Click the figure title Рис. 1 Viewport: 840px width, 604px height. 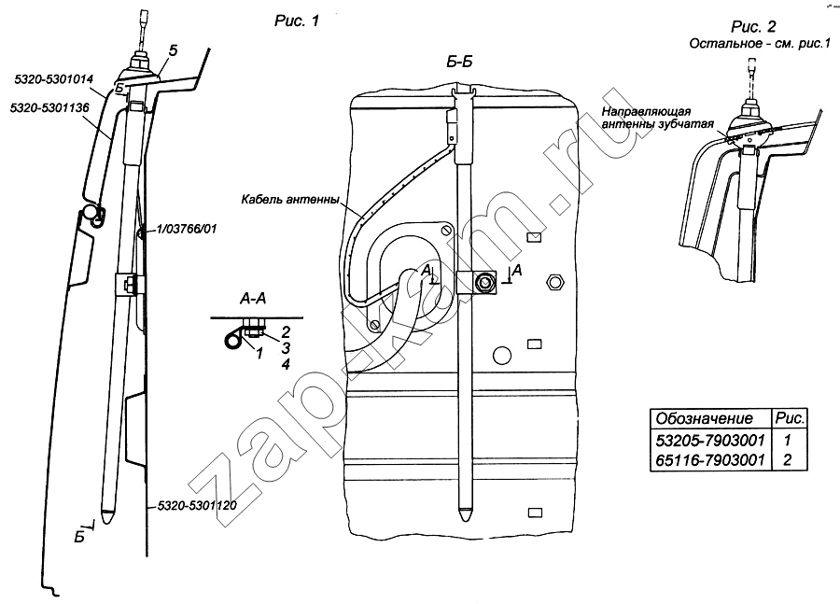(293, 24)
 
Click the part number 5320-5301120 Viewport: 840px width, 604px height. (193, 505)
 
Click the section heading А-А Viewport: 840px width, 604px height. (254, 300)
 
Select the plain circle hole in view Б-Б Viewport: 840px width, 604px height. (502, 353)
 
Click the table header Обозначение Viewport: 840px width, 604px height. (698, 417)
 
